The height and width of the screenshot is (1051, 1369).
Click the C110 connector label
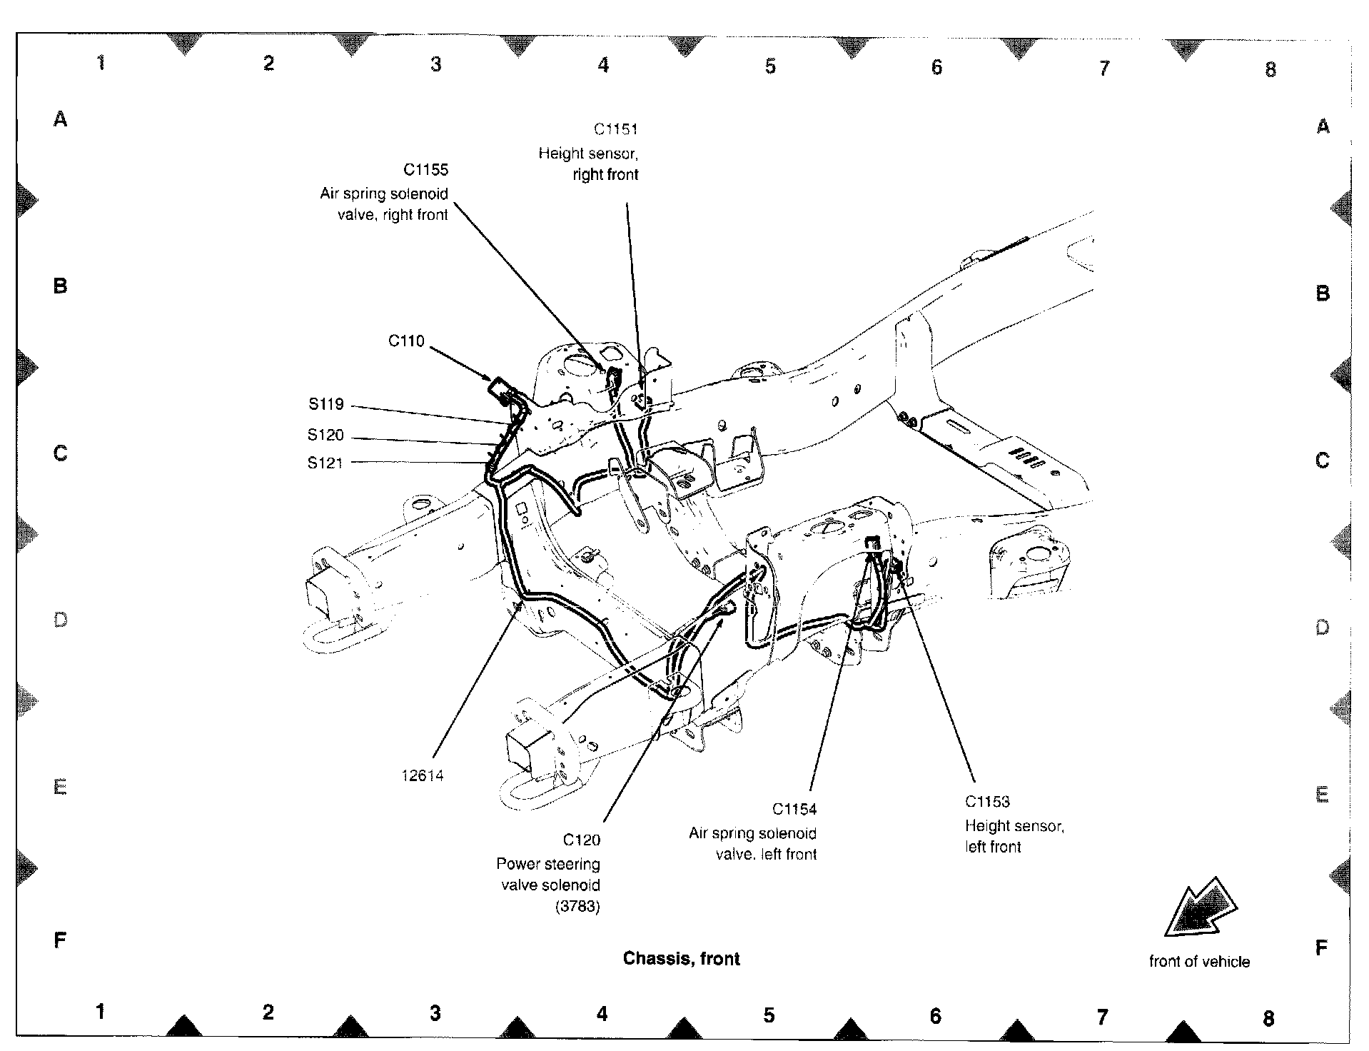coord(406,341)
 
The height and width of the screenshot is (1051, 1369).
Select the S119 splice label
coord(326,405)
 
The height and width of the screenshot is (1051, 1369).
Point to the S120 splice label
coord(325,435)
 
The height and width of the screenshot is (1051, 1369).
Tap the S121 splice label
coord(325,463)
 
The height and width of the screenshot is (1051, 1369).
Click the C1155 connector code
coord(425,170)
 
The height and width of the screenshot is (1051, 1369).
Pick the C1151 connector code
coord(615,129)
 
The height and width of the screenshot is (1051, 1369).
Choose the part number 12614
coord(423,776)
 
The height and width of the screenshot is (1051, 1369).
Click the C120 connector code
coord(581,840)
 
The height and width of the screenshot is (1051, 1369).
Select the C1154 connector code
coord(794,810)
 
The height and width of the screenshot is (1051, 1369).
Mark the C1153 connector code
coord(987,802)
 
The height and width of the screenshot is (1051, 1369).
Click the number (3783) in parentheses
coord(577,907)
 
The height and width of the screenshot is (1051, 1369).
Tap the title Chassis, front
coord(681,959)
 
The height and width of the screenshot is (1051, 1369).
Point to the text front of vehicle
coord(1199,962)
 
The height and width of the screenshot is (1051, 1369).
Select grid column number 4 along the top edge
coord(603,66)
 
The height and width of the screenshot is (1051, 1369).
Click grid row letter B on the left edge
coord(61,286)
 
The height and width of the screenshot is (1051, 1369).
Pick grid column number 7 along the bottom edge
coord(1102,1016)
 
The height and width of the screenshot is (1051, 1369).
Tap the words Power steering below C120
coord(548,865)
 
